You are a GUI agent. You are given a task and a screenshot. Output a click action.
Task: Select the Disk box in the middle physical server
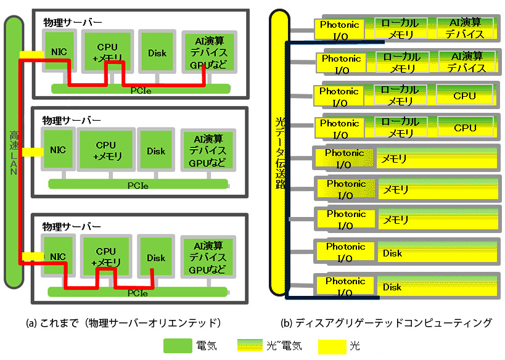pyautogui.click(x=156, y=151)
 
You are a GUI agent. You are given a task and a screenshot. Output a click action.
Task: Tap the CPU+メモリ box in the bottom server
pyautogui.click(x=106, y=257)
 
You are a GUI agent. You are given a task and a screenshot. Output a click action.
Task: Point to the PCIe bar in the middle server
pyautogui.click(x=138, y=184)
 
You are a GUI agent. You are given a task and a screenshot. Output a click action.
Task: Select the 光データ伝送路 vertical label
pyautogui.click(x=279, y=154)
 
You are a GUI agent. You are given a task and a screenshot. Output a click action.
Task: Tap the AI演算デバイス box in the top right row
pyautogui.click(x=465, y=28)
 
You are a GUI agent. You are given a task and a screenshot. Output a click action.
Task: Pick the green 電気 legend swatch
pyautogui.click(x=178, y=346)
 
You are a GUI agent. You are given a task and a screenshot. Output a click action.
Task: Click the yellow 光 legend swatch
pyautogui.click(x=332, y=346)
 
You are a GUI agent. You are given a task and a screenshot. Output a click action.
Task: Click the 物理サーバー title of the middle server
pyautogui.click(x=72, y=119)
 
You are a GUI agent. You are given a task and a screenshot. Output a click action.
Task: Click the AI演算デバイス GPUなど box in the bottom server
pyautogui.click(x=208, y=257)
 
